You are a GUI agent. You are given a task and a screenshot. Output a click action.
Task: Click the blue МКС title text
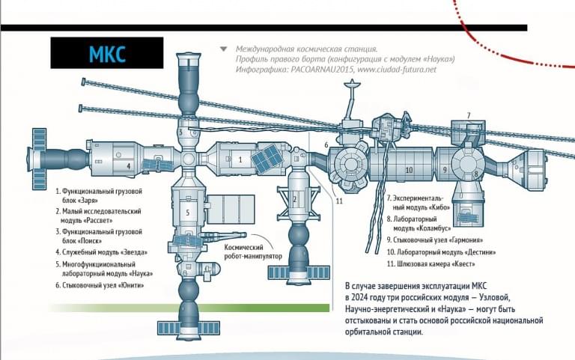[107, 54]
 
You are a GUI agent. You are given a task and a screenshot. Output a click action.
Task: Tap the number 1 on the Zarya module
[240, 160]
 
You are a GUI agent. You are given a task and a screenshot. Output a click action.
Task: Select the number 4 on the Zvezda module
[129, 166]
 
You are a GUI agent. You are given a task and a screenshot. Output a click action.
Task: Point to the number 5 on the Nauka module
[188, 213]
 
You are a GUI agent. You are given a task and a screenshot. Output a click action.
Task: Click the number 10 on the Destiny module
[409, 170]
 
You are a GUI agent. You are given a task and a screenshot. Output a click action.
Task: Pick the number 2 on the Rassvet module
[294, 200]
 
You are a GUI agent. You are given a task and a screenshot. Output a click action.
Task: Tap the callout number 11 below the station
[339, 201]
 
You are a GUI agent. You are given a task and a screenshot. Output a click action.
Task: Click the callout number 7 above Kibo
[469, 115]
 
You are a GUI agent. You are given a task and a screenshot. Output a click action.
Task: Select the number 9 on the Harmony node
[445, 170]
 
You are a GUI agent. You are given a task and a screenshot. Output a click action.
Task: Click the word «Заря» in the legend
[88, 201]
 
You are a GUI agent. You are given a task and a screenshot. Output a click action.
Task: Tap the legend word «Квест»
[463, 264]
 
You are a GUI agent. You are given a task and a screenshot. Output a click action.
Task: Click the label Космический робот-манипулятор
[253, 252]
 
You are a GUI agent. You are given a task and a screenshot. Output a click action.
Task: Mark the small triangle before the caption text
[223, 49]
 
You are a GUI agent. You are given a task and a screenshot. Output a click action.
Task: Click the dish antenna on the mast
[352, 85]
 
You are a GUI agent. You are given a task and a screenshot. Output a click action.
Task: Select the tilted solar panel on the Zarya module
[267, 159]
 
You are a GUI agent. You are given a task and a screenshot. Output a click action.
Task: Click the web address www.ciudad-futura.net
[397, 70]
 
